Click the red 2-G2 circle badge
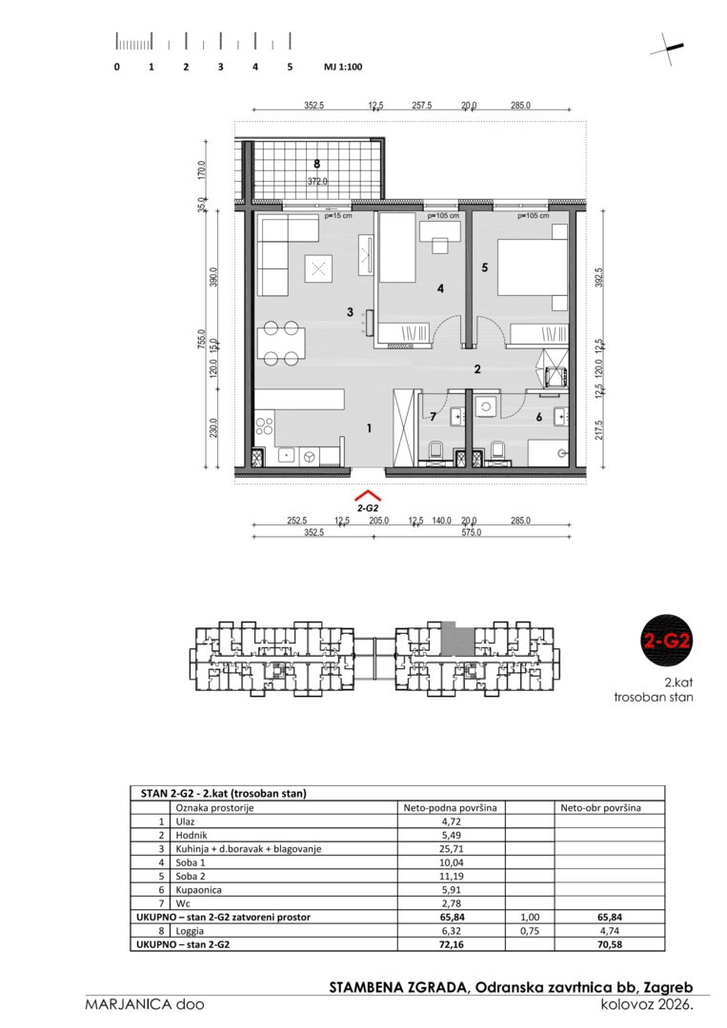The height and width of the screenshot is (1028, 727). [666, 640]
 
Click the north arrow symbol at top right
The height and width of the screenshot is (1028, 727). [667, 49]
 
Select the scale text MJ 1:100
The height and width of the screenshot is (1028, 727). [343, 67]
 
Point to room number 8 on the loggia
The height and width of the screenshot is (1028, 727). [317, 165]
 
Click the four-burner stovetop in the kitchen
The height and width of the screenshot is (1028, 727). [265, 426]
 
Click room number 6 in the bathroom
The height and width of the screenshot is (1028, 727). [539, 417]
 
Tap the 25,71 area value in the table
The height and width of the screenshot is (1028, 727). [452, 848]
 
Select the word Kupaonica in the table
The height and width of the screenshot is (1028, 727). [199, 890]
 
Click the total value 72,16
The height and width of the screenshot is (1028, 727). [452, 945]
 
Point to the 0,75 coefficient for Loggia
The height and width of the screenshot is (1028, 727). [530, 930]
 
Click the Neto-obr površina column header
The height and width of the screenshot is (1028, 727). [600, 808]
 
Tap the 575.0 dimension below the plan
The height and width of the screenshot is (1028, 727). [471, 532]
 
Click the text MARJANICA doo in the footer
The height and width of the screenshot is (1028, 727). [145, 1004]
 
